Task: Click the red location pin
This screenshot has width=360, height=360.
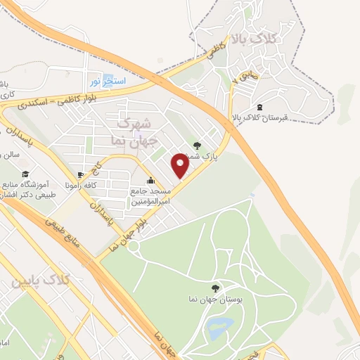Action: click(x=181, y=165)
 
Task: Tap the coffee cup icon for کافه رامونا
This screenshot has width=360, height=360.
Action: click(x=81, y=174)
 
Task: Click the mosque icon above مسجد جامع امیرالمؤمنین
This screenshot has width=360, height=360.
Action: click(x=151, y=181)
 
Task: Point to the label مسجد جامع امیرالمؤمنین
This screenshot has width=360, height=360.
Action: click(x=150, y=195)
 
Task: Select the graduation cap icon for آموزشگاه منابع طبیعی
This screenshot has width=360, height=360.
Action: click(x=25, y=174)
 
